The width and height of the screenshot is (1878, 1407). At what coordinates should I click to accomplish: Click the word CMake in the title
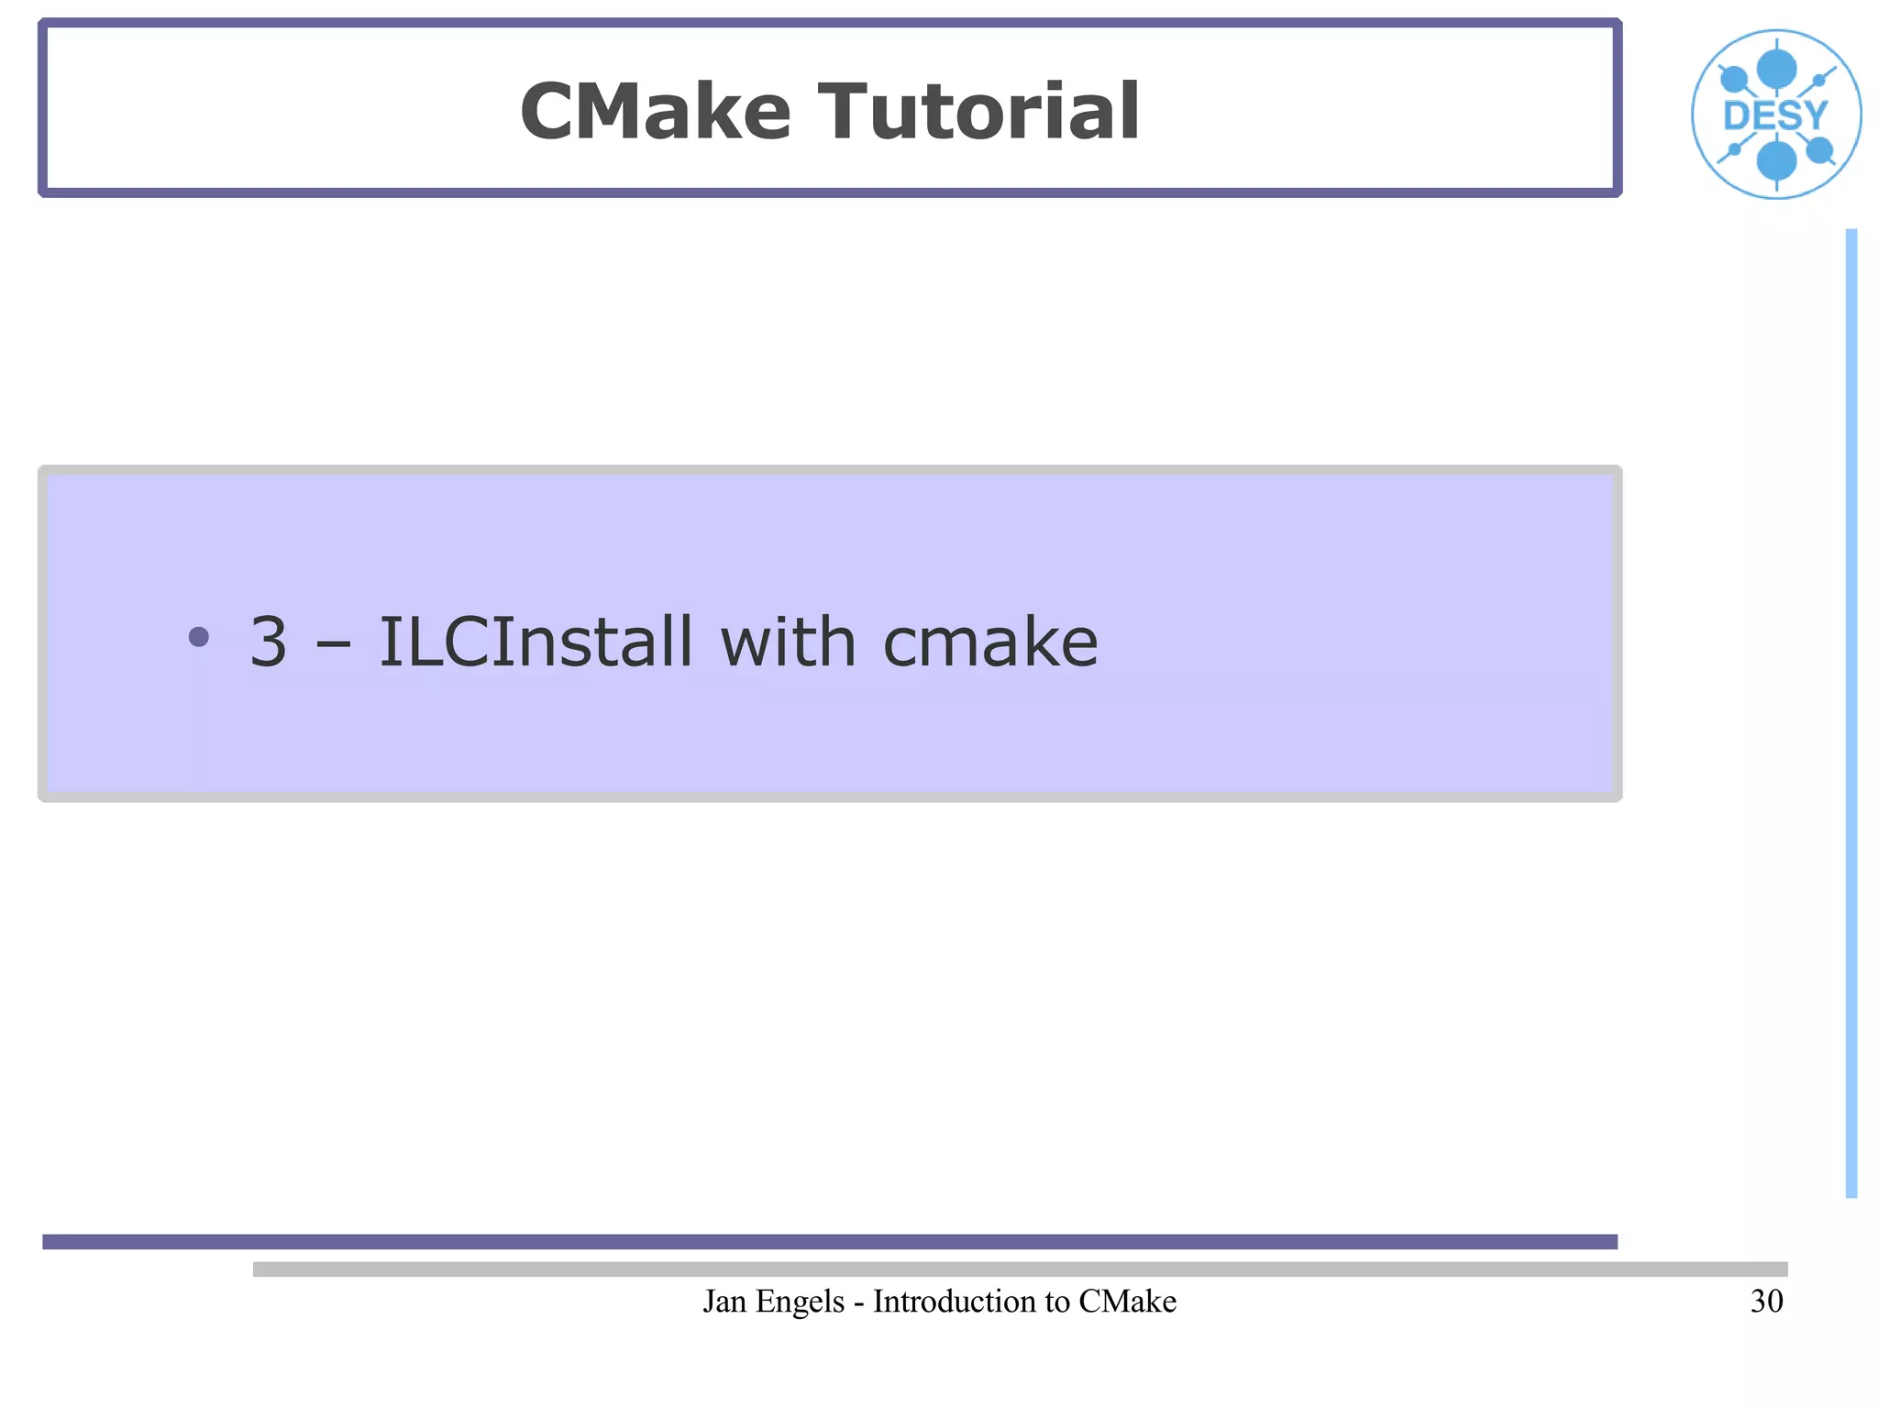tap(655, 112)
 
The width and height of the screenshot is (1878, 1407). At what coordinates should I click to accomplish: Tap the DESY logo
tap(1775, 115)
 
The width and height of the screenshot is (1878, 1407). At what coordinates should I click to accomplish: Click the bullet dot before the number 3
tap(198, 636)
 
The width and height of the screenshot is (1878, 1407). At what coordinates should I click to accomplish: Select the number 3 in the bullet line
tap(268, 642)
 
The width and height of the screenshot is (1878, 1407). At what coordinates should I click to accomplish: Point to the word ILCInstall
tap(536, 642)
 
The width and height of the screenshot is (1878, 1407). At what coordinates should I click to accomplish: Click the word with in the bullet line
tap(788, 642)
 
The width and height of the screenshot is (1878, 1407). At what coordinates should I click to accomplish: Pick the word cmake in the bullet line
tap(989, 642)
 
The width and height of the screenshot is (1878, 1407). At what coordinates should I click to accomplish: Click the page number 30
tap(1766, 1302)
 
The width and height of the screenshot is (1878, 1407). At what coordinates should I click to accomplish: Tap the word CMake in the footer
tap(1127, 1302)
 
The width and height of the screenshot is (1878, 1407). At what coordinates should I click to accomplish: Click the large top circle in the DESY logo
tap(1776, 69)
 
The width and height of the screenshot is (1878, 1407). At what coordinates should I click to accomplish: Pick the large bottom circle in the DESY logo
tap(1776, 161)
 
